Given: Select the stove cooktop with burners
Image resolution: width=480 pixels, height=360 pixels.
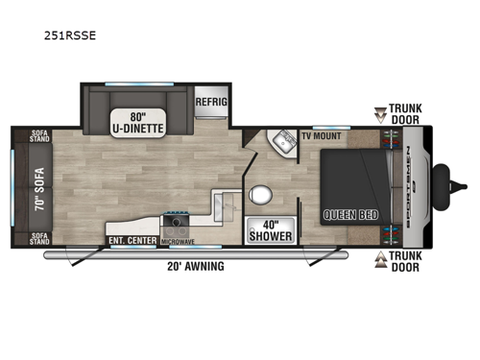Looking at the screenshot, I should coord(178,224).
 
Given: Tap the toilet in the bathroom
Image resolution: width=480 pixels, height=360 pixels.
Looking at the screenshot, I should coord(257,195).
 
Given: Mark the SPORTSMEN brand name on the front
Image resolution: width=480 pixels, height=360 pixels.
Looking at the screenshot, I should coord(415,186).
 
